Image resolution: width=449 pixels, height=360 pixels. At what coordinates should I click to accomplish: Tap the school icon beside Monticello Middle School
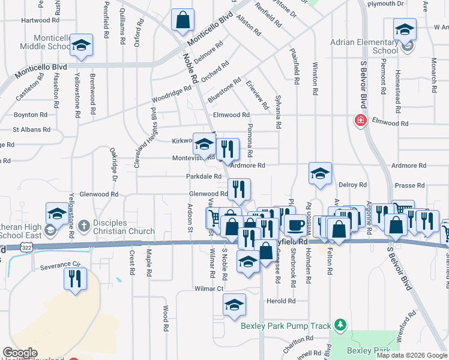coord(81,46)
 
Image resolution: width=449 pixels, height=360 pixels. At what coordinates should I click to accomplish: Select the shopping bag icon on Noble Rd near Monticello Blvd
coord(182,20)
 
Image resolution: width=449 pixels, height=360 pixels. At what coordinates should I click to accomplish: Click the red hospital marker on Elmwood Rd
coord(360,120)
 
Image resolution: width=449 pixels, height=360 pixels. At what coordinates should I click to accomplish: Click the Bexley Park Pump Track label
coord(286,326)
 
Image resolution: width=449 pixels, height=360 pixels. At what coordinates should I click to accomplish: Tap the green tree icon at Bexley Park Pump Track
coord(341,325)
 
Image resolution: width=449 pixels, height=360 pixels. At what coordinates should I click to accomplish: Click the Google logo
coord(20,353)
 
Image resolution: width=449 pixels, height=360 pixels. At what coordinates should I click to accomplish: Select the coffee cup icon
coord(294,225)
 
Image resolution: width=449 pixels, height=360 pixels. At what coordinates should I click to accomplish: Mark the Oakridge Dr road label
coord(113,164)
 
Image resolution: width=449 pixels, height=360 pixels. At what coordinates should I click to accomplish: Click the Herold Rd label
coord(283,301)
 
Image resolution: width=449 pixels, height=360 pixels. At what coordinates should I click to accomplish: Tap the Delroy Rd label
coord(352,185)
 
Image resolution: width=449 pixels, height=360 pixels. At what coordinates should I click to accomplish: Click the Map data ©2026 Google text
coord(411,355)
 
